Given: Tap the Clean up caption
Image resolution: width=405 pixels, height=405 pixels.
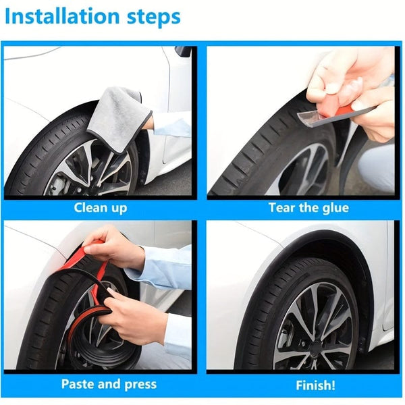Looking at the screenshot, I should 100,207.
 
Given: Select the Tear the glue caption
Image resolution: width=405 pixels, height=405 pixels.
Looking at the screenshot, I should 308,207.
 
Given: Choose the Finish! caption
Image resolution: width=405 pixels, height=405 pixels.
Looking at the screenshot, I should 315,385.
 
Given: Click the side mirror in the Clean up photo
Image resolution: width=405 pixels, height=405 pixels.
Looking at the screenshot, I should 183,52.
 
